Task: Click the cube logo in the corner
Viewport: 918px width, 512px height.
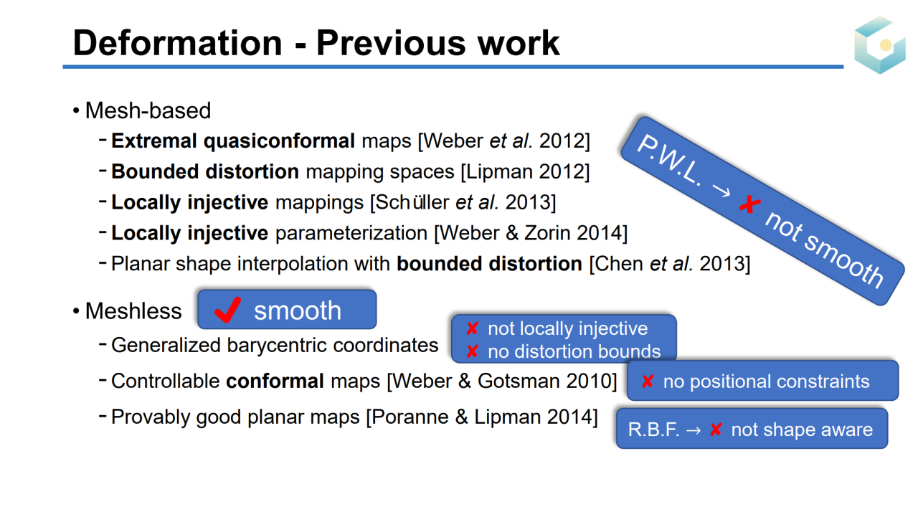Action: pyautogui.click(x=880, y=44)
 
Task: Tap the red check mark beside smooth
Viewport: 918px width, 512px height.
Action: pyautogui.click(x=227, y=310)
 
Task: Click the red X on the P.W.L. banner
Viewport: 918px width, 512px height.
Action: pyautogui.click(x=749, y=204)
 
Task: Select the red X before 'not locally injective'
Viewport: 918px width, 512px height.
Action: pyautogui.click(x=473, y=328)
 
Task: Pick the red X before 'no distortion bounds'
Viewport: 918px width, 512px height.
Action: pyautogui.click(x=473, y=351)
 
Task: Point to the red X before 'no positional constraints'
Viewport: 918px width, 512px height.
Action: pyautogui.click(x=648, y=381)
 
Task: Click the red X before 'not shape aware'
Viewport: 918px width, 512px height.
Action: pyautogui.click(x=716, y=430)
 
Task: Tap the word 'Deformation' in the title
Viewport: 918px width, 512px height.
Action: pyautogui.click(x=177, y=42)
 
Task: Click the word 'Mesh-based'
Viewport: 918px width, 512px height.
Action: pyautogui.click(x=148, y=110)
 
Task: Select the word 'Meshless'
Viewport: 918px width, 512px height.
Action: pyautogui.click(x=133, y=311)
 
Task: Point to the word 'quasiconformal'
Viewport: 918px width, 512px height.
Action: pyautogui.click(x=279, y=141)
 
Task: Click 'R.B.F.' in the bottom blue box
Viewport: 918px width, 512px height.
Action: pyautogui.click(x=653, y=430)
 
